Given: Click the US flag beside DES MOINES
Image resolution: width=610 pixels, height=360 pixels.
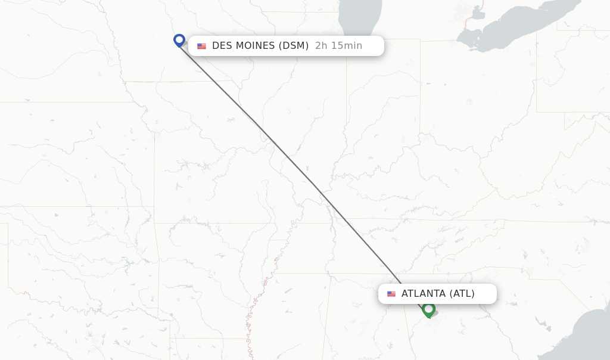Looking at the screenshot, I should [x=202, y=46].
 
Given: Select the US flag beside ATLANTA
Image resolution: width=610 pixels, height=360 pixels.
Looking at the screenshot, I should [x=391, y=294].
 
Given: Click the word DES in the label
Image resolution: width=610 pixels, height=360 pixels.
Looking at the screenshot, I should [x=222, y=46].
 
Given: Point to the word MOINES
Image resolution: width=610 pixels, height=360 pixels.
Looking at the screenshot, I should [x=255, y=46].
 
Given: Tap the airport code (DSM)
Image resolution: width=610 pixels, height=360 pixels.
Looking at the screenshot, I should [x=294, y=46].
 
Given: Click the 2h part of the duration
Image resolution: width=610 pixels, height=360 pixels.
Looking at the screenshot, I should [x=321, y=46].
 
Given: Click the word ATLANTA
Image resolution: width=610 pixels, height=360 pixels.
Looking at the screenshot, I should [x=423, y=293].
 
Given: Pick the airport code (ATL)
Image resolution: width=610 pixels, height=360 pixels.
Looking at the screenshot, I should [x=462, y=293].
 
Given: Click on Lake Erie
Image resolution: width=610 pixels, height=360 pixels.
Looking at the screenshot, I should [x=524, y=24].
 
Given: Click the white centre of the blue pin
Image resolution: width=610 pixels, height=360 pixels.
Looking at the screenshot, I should [x=179, y=39].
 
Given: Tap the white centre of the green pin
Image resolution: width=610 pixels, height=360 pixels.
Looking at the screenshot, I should [x=428, y=308].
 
